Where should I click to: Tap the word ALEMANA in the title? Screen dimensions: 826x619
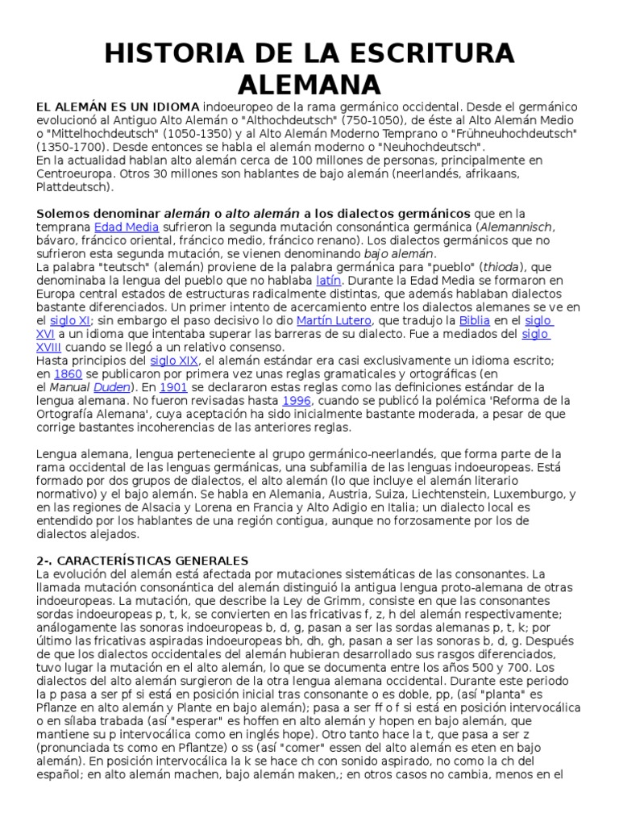309,84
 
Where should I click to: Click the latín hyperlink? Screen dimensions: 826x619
328,280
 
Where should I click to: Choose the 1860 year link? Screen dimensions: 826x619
68,373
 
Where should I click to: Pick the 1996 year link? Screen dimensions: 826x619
297,400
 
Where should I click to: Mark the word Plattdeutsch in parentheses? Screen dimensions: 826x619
74,186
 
